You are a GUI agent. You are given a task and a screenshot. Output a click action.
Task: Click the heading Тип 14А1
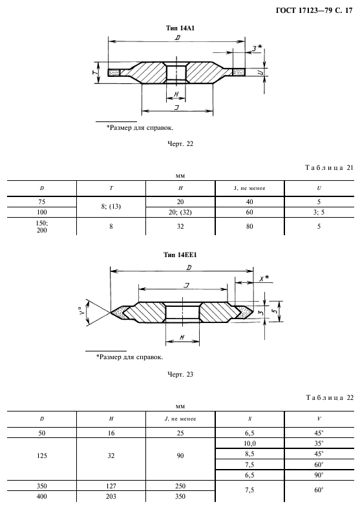180,28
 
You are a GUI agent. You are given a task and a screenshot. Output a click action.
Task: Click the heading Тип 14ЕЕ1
180,255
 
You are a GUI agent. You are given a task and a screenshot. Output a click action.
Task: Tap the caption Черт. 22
180,143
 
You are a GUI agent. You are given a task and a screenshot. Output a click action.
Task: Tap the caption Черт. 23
180,375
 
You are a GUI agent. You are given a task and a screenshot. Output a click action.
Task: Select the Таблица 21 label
330,168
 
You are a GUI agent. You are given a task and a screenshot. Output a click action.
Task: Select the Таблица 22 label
330,397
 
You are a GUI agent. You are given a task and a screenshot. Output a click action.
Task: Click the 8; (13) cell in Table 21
111,207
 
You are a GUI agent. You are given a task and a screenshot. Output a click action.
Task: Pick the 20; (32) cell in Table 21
180,212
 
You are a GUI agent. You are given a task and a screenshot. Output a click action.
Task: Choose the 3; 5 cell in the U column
319,212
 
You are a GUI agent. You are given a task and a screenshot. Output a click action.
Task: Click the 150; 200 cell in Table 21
42,227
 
